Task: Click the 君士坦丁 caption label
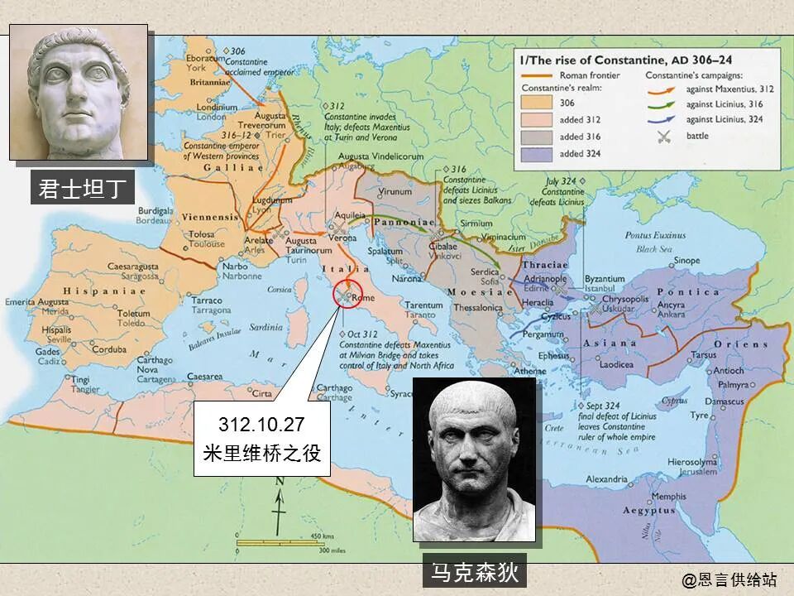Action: click(82, 189)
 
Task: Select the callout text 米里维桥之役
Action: click(261, 454)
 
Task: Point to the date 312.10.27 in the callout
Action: click(261, 425)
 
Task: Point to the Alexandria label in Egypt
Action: click(607, 479)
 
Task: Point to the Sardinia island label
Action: click(267, 326)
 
